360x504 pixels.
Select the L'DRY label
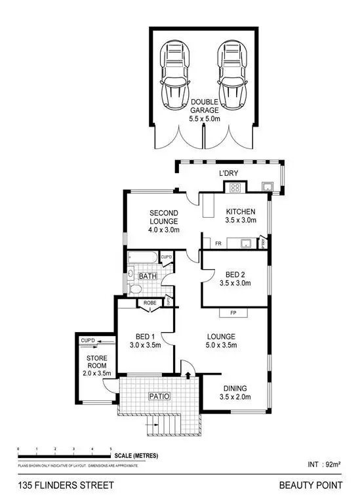(228, 173)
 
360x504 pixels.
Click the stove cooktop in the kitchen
(234, 188)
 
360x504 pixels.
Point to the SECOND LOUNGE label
(164, 221)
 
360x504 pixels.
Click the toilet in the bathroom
(135, 289)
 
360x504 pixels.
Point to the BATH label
(148, 276)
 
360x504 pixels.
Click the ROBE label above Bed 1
(150, 303)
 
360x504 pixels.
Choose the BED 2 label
(235, 278)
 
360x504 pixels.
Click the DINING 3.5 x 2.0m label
(235, 392)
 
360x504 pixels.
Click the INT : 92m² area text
(323, 465)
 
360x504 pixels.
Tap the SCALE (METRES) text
(136, 456)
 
